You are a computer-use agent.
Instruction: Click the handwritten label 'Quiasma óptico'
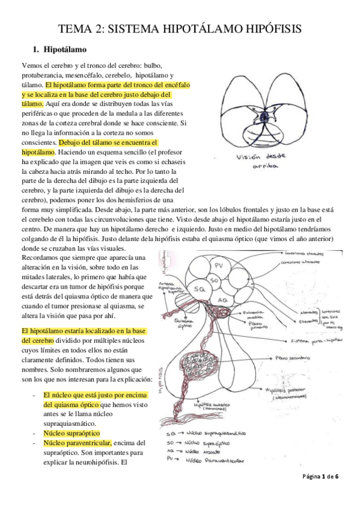182,324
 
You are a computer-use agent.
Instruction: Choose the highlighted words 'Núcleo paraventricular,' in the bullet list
77,443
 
